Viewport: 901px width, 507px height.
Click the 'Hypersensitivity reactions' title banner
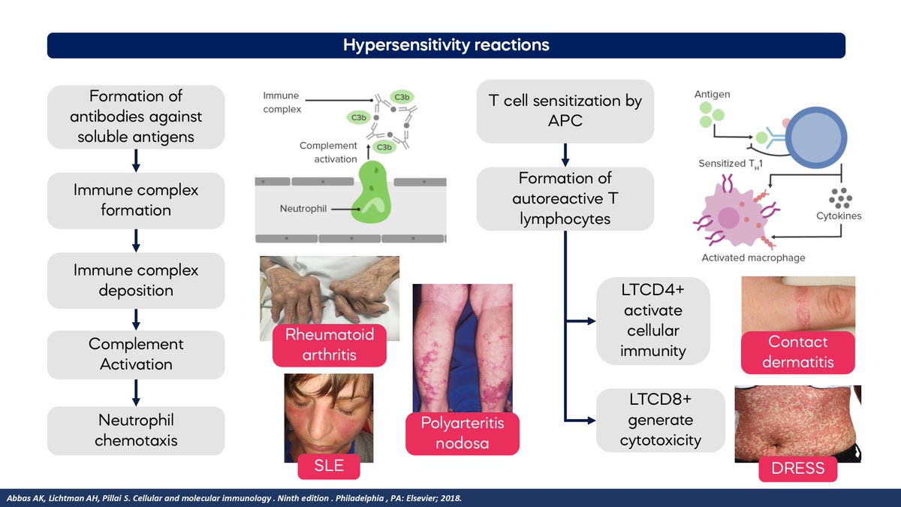pos(446,45)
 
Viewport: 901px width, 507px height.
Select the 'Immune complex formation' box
pos(136,200)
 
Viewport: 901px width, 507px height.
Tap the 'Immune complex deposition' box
pos(136,279)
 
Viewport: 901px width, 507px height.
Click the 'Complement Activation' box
pos(136,354)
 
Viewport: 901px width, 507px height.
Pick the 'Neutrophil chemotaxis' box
pos(136,430)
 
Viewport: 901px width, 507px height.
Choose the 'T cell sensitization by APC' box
pos(565,111)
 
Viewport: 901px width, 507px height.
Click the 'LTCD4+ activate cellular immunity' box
pos(653,321)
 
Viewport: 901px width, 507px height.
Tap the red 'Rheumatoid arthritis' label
pos(330,344)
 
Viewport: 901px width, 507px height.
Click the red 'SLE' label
pos(330,466)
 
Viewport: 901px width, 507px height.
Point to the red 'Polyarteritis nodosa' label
pos(463,433)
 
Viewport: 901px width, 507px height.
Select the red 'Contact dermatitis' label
pos(798,352)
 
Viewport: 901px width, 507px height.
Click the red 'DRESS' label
pos(798,469)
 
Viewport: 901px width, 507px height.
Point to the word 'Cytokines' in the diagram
pos(839,216)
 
